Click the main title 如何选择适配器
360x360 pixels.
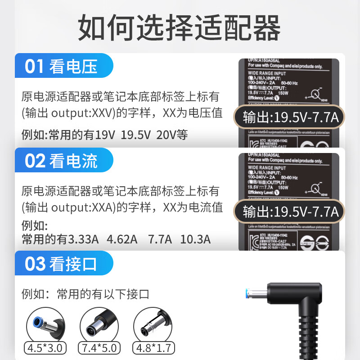(x=180, y=28)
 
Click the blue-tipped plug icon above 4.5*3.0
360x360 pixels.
(x=45, y=323)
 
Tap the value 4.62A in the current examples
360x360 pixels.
(x=122, y=239)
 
